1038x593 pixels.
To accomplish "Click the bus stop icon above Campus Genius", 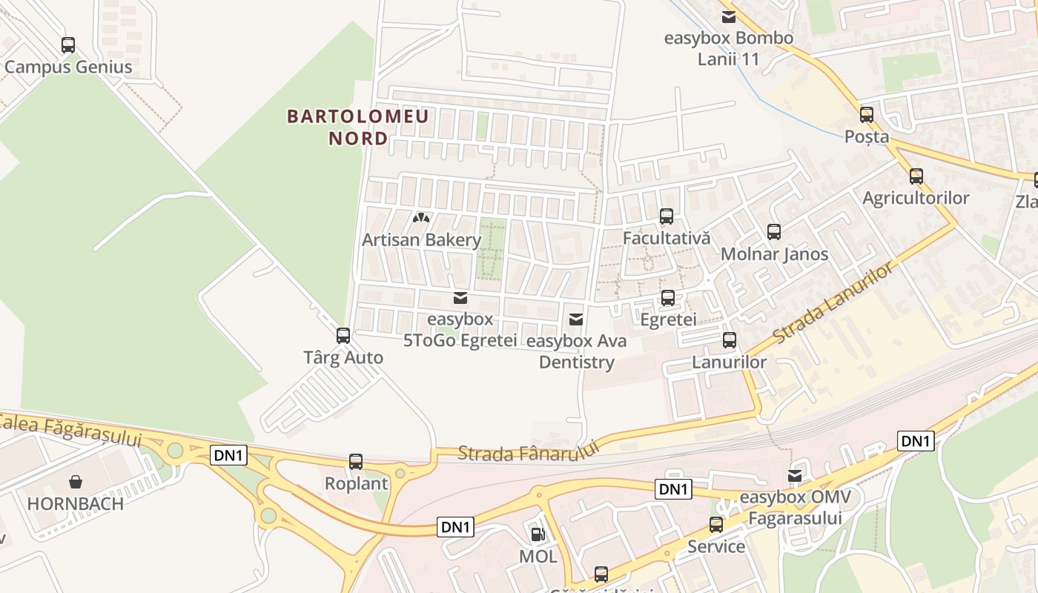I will click(68, 45).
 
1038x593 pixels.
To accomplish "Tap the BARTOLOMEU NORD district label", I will click(358, 127).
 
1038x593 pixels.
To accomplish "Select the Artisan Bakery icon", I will click(421, 219).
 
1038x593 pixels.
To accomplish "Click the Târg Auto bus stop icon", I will click(343, 336).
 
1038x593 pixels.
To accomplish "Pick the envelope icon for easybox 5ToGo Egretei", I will click(460, 298).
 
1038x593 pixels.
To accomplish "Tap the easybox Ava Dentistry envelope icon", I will click(575, 319).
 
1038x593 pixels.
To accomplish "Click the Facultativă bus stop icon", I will click(667, 216).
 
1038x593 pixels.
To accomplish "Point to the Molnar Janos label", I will click(775, 254).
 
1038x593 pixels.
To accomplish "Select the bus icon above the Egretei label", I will click(668, 298).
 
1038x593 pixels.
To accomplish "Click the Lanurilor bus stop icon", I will click(730, 340).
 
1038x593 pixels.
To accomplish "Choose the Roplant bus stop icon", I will click(356, 462).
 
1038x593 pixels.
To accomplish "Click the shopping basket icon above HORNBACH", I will click(76, 482).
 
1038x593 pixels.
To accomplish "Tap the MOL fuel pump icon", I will click(538, 534).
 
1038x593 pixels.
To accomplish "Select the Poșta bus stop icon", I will click(867, 115).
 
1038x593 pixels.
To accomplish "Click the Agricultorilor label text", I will click(916, 198).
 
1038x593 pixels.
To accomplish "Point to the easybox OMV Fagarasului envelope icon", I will click(795, 475).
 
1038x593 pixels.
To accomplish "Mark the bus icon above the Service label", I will click(716, 525).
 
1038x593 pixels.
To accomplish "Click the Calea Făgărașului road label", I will click(70, 431).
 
